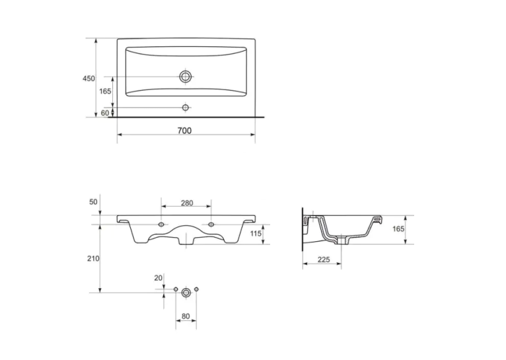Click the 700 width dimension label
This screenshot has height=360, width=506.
(x=184, y=131)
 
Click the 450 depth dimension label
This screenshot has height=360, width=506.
(x=89, y=79)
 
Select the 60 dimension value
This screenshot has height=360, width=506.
(x=105, y=113)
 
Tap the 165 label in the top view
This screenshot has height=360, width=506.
(x=105, y=91)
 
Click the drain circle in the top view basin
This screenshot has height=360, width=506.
(x=186, y=77)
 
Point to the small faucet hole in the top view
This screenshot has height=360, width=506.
(x=185, y=108)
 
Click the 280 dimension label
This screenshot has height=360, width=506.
(x=187, y=203)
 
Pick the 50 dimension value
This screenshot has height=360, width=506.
(x=93, y=202)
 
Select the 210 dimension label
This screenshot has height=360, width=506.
(x=93, y=259)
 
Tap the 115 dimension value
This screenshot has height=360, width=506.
(x=256, y=233)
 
